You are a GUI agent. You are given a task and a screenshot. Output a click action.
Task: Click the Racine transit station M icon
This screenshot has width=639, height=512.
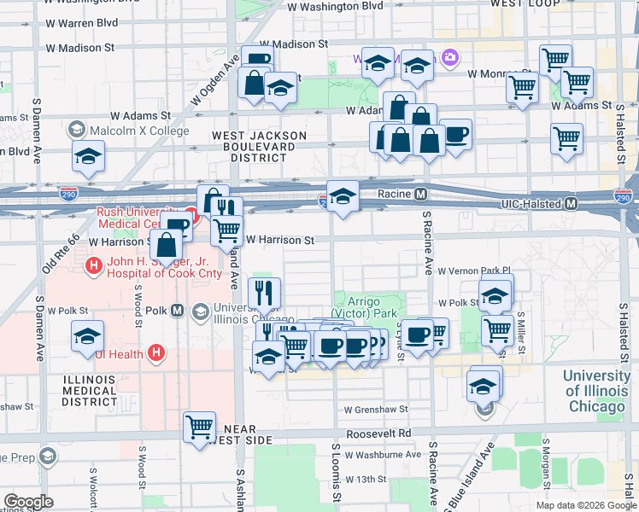click(x=421, y=195)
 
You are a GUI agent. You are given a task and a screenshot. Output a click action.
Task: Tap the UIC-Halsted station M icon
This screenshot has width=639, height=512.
click(x=572, y=204)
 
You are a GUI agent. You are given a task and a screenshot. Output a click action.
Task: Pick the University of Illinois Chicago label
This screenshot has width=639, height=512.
click(x=596, y=391)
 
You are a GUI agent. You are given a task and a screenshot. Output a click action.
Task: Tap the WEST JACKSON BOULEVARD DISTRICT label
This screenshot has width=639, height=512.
click(x=259, y=147)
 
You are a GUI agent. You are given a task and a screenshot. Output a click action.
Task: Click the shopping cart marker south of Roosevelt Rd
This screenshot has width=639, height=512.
click(x=200, y=425)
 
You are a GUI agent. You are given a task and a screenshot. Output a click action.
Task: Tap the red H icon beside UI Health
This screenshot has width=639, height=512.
click(x=155, y=352)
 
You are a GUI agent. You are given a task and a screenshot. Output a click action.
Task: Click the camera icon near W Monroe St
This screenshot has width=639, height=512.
click(x=449, y=59)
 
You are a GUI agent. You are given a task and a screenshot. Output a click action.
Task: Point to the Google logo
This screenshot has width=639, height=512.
click(x=28, y=502)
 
